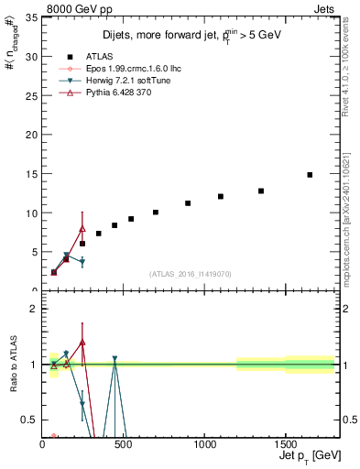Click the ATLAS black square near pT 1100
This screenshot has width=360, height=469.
click(x=221, y=196)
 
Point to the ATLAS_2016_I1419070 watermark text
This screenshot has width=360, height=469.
click(x=189, y=274)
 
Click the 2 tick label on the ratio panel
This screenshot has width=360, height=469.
click(x=34, y=309)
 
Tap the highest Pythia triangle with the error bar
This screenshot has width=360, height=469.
click(x=82, y=228)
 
